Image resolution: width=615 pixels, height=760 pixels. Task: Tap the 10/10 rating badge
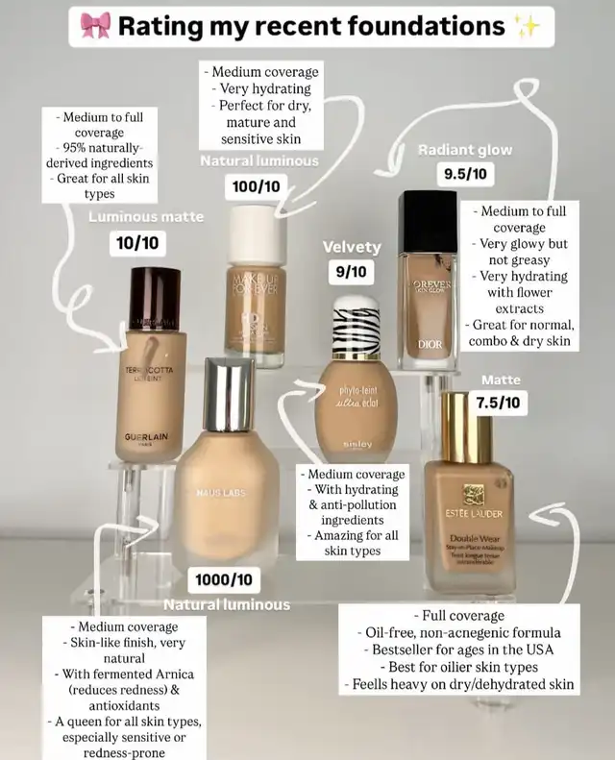click(x=137, y=245)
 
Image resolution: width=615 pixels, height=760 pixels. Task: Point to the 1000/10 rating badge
click(x=224, y=580)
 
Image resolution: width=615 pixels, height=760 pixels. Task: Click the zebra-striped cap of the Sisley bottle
click(x=356, y=328)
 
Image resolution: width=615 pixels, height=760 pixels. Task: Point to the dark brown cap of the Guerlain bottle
click(x=155, y=299)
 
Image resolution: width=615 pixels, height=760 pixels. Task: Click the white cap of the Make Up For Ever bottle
click(x=256, y=232)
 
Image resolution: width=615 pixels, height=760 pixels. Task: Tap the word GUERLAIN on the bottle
click(x=146, y=437)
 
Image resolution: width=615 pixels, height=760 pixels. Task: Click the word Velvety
click(x=352, y=248)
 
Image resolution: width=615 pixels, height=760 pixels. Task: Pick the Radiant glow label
click(x=465, y=150)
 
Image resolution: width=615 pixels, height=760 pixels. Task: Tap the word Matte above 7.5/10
click(x=501, y=380)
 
